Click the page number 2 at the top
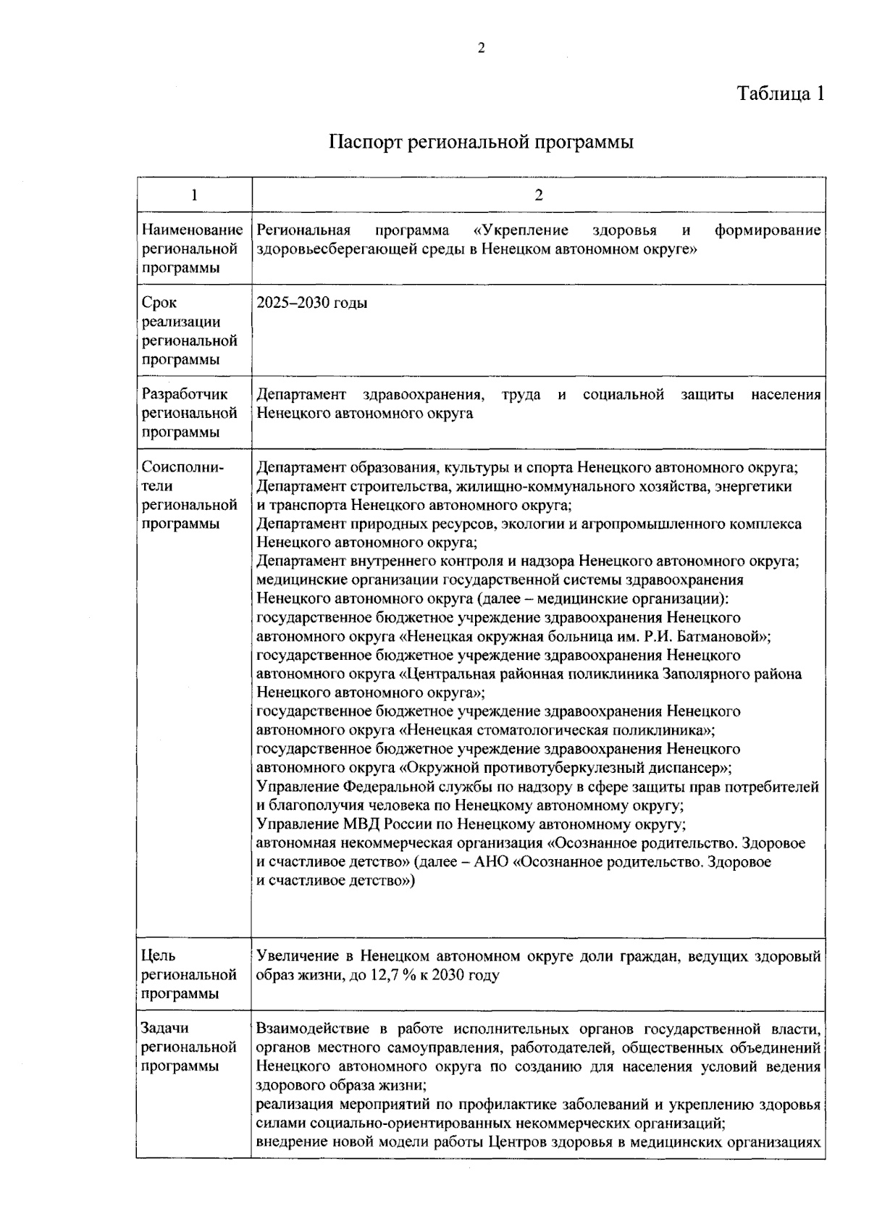(481, 49)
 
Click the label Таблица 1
(781, 94)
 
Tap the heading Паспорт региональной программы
(481, 142)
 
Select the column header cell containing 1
(193, 194)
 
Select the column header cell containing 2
(538, 194)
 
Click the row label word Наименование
(192, 230)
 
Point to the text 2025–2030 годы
(312, 303)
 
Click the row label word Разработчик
(184, 394)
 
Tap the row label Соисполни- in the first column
(182, 467)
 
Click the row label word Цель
(158, 956)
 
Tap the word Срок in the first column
(159, 303)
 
